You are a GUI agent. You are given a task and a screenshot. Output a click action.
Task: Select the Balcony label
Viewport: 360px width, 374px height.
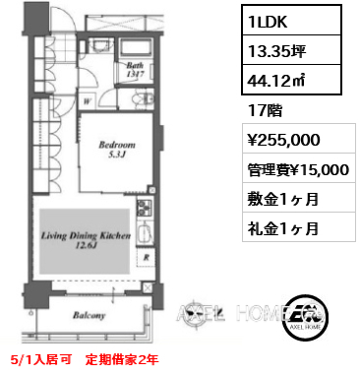90,315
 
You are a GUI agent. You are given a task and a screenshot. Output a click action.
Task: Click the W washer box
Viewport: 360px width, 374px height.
88,98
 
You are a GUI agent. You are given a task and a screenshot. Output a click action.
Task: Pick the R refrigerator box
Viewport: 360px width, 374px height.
146,258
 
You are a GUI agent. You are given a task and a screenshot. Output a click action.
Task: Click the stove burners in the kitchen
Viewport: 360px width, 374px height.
144,210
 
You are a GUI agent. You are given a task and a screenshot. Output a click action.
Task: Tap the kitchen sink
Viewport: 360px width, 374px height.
144,234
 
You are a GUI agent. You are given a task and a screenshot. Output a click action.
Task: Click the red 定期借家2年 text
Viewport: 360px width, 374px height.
119,359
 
